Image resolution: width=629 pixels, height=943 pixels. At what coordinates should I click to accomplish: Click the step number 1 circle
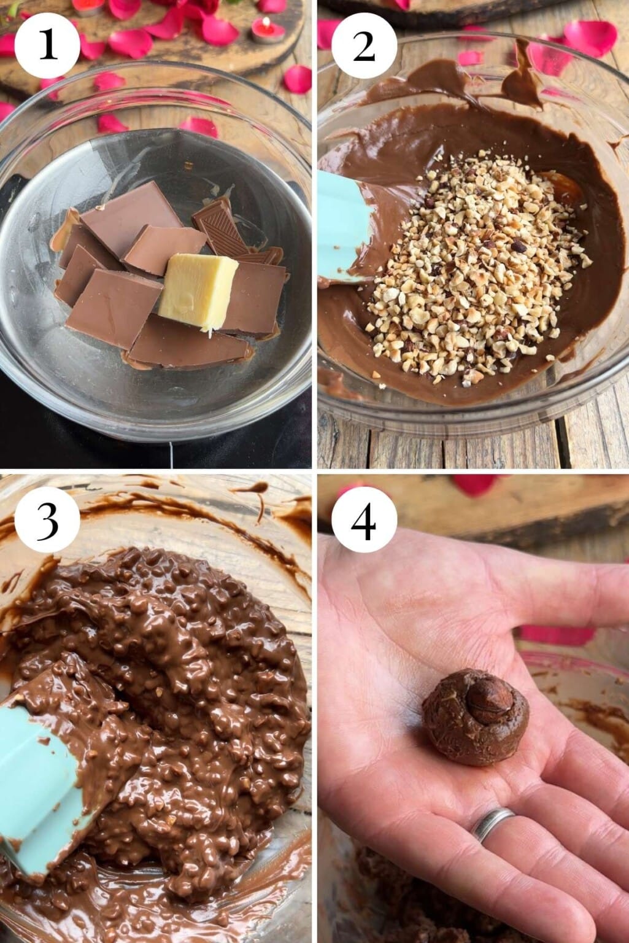[47, 45]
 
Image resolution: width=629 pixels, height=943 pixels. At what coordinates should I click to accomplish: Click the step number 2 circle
[364, 45]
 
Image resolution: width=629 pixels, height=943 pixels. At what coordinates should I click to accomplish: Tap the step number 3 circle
[47, 519]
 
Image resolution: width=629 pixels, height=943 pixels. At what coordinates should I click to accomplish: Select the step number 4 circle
[364, 519]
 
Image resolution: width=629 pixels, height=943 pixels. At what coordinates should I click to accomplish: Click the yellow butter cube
[198, 290]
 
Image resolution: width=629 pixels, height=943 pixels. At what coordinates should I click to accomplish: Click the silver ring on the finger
[492, 823]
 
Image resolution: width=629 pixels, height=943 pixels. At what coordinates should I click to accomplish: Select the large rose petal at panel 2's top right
[590, 37]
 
